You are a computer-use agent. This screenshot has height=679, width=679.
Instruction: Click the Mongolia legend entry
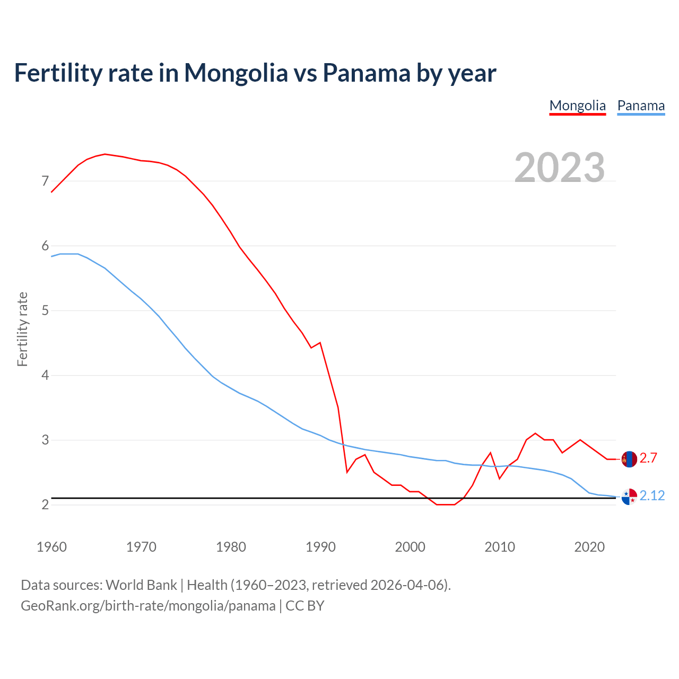point(577,106)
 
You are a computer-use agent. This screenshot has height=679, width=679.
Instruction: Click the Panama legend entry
point(641,106)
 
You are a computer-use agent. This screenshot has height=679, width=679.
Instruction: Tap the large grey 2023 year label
point(560,168)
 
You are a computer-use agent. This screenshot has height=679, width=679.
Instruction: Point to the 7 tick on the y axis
point(45,181)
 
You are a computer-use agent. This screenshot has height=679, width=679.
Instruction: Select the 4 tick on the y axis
point(45,376)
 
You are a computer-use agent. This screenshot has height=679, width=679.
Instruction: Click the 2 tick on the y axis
point(45,504)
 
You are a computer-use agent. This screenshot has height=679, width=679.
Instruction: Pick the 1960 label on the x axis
point(51,547)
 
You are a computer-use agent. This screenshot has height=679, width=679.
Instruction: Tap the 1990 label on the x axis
point(320,547)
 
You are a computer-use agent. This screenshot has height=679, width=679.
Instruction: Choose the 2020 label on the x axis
point(589,547)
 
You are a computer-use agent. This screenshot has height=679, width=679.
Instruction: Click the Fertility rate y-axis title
point(22,329)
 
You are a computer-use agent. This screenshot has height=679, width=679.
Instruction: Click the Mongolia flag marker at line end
point(629,459)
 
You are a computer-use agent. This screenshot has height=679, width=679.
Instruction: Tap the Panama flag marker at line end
point(629,497)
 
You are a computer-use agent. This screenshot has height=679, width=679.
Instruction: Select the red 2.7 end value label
point(648,458)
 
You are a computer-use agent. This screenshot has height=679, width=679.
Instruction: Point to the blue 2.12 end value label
point(652,495)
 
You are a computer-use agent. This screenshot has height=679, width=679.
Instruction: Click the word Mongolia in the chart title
point(236,73)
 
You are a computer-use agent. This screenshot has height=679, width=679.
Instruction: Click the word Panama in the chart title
point(367,73)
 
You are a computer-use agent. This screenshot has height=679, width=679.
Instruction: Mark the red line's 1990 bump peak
point(320,343)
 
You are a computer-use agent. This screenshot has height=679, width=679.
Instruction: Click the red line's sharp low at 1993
point(347,472)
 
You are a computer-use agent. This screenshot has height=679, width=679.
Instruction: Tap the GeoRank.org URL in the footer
point(148,606)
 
